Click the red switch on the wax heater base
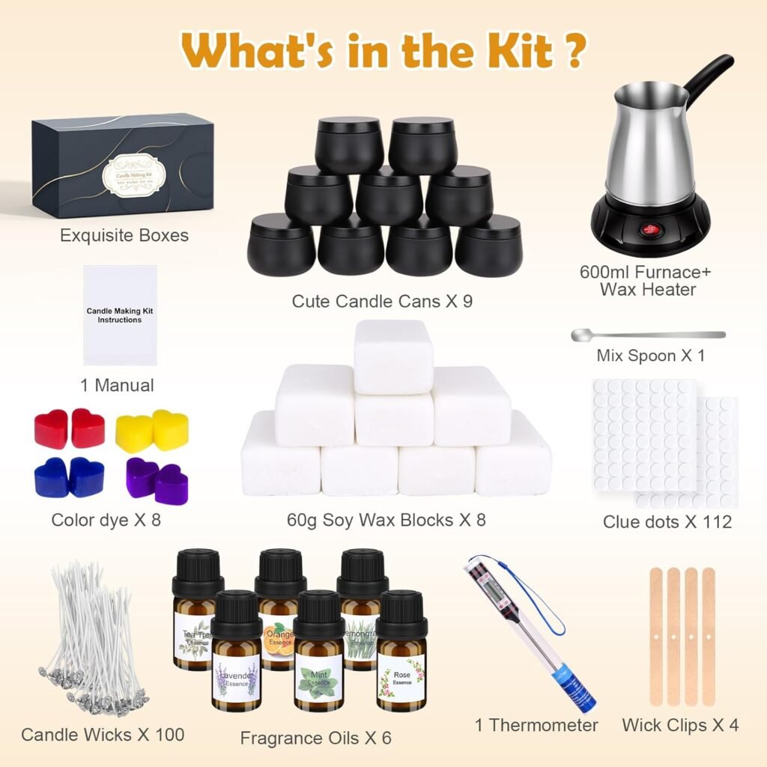(649, 230)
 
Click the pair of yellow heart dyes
(152, 431)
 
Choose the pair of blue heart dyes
(69, 477)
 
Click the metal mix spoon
(647, 335)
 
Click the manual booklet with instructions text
(120, 315)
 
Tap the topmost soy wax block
(392, 356)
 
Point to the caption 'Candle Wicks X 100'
(103, 734)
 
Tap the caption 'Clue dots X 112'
(667, 522)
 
